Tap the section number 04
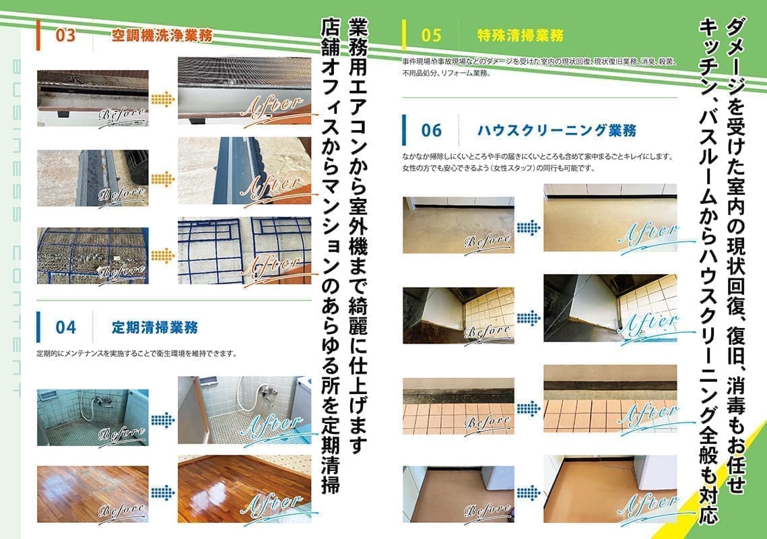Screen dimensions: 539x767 point(66,328)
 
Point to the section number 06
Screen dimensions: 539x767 point(432,129)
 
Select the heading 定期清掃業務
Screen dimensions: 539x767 point(155,328)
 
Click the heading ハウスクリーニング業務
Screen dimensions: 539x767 point(556,129)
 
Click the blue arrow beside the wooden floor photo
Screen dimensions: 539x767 point(162,494)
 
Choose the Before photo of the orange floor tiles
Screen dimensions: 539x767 point(459,406)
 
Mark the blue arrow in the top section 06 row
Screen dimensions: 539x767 point(529,224)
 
